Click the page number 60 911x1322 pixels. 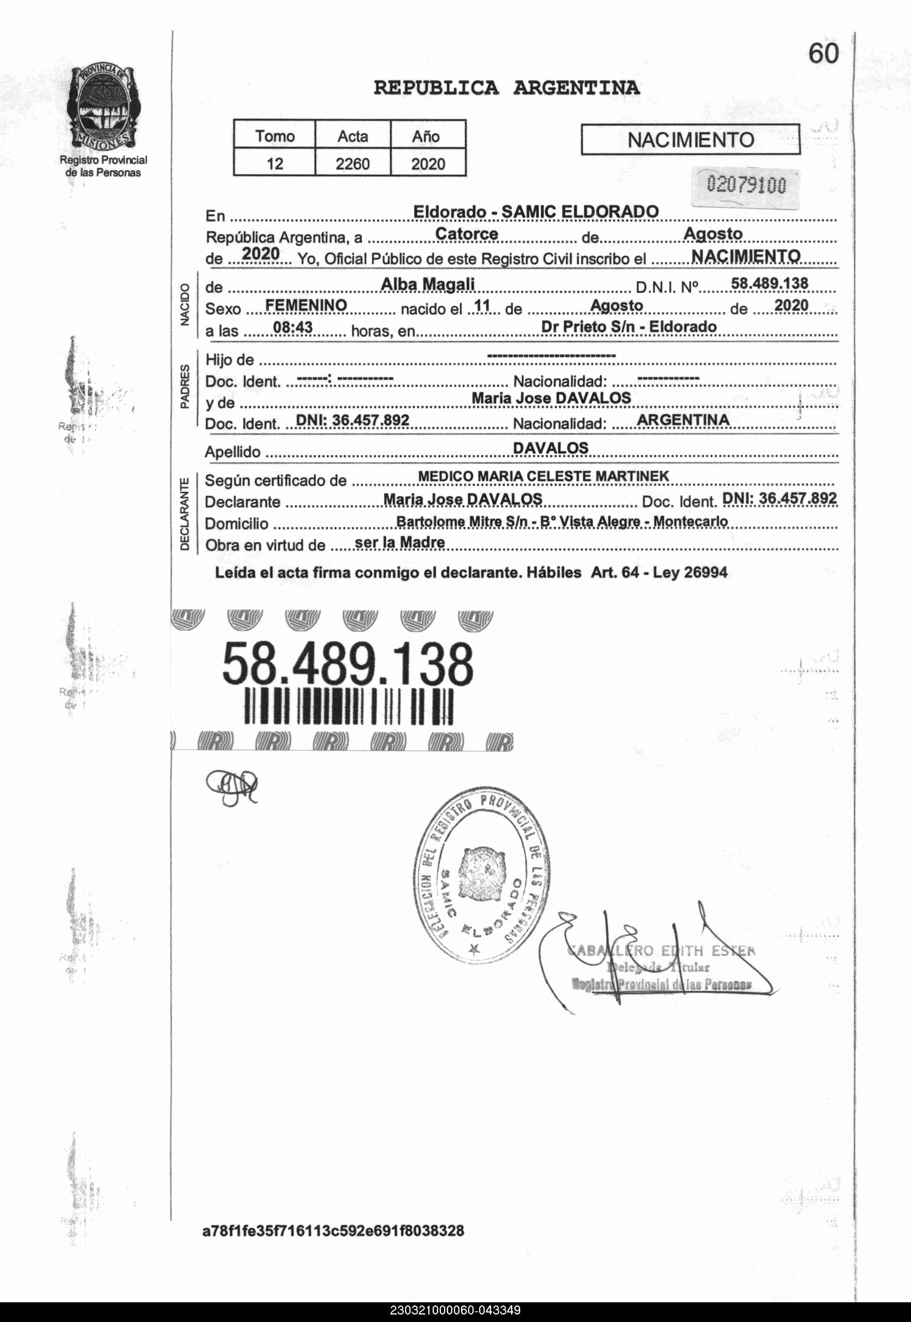[x=823, y=54]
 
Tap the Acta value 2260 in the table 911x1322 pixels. [x=352, y=164]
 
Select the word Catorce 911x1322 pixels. [x=466, y=233]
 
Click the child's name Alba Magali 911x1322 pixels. [x=427, y=284]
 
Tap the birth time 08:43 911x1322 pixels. [x=293, y=327]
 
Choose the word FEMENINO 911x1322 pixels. [x=306, y=305]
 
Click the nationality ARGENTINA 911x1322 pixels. [x=683, y=420]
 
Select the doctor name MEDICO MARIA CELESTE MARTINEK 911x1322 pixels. [x=543, y=476]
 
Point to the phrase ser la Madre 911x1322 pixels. [x=399, y=542]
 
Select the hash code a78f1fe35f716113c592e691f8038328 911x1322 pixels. [x=333, y=1231]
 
